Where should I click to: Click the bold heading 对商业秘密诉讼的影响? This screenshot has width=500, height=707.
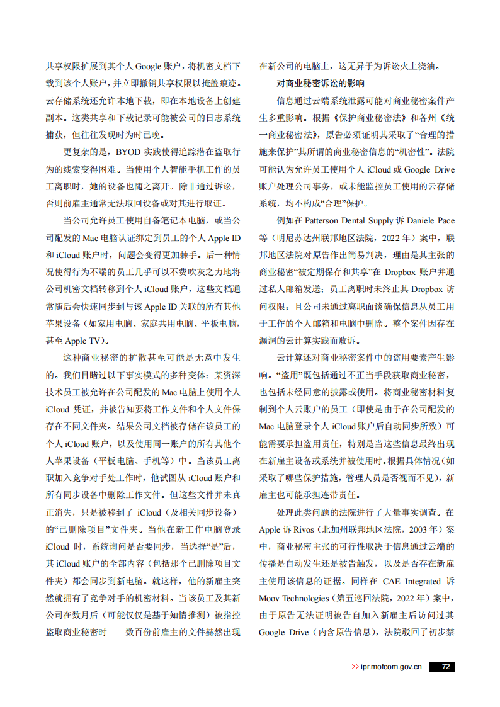[321, 83]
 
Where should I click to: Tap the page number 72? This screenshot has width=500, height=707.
[445, 667]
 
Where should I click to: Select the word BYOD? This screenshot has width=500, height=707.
[128, 152]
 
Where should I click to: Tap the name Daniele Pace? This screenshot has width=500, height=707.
[434, 221]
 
